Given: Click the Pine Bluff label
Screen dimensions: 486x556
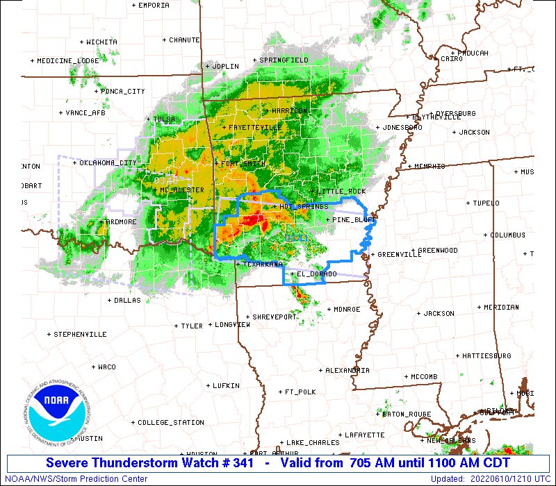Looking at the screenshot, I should pyautogui.click(x=354, y=219).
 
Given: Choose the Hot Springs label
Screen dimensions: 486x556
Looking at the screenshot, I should pyautogui.click(x=303, y=206).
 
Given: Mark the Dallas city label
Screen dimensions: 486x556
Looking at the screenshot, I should pyautogui.click(x=126, y=301).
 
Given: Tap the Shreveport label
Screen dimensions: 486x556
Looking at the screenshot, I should pyautogui.click(x=275, y=317).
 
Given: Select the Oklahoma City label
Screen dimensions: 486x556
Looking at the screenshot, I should pyautogui.click(x=108, y=163).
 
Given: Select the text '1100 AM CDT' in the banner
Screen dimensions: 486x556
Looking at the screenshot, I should pyautogui.click(x=473, y=463).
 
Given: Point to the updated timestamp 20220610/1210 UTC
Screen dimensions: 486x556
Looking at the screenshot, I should pyautogui.click(x=516, y=478).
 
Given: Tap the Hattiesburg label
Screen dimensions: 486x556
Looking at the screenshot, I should pyautogui.click(x=486, y=355).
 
